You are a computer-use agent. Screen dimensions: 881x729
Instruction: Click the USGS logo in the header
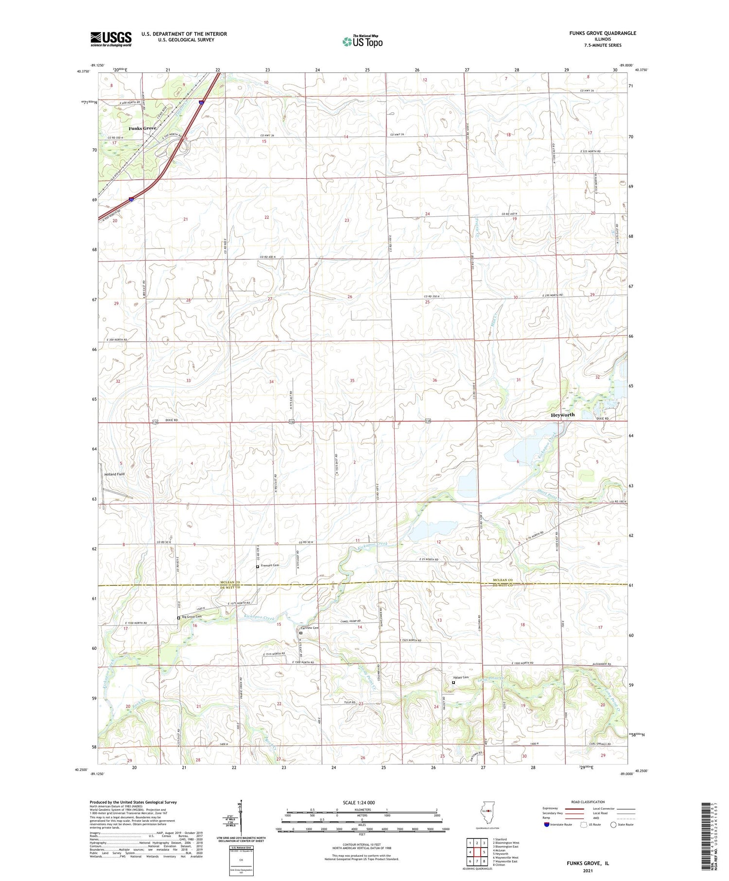click(x=111, y=39)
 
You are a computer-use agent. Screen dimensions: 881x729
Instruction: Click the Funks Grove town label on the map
click(x=142, y=128)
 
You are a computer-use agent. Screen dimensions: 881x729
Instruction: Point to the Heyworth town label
click(x=562, y=415)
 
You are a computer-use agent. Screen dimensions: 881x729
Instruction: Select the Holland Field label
click(x=114, y=474)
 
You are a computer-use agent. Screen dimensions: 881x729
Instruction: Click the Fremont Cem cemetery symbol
click(x=258, y=567)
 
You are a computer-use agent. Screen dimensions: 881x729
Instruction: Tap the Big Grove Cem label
click(x=191, y=617)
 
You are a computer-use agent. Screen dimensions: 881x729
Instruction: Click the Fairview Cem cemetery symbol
click(x=301, y=633)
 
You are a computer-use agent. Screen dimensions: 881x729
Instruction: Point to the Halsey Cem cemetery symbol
click(x=453, y=682)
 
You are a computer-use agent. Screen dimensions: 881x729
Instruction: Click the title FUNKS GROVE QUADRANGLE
click(x=602, y=33)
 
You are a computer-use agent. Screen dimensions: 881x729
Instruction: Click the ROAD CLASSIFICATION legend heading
click(x=588, y=802)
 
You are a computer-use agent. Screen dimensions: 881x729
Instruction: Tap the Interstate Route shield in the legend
click(x=547, y=825)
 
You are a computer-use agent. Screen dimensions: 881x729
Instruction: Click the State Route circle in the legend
click(x=613, y=825)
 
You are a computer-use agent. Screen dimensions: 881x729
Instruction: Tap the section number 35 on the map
click(x=352, y=380)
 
